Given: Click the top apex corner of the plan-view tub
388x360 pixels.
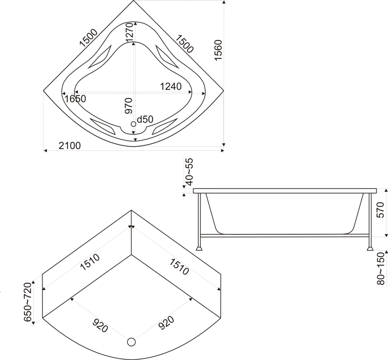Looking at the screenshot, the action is click(134, 0).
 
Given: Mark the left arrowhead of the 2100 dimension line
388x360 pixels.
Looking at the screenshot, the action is click(45, 150).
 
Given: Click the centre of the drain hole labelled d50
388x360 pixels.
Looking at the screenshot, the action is click(134, 124).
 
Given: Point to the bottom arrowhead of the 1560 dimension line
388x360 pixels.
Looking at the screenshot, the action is click(224, 145).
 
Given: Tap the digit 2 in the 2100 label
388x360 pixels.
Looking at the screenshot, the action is click(61, 146).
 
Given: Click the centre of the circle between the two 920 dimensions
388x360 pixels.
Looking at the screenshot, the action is click(131, 342).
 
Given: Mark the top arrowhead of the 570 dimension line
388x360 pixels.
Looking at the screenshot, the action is click(386, 190).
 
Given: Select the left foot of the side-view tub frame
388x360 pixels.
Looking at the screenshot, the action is click(199, 248).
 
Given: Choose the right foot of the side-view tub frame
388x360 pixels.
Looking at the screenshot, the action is click(370, 248).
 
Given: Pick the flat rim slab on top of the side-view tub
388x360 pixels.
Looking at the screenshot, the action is click(284, 191).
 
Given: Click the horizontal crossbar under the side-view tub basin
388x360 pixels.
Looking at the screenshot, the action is click(284, 235).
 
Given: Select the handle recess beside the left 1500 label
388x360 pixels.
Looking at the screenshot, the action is click(99, 57).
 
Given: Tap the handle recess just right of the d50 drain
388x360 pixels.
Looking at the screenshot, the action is click(164, 127).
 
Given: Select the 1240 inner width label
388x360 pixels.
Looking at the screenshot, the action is click(171, 86).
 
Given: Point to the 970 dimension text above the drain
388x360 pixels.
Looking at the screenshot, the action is click(128, 106).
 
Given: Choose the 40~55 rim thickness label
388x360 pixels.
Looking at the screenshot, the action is click(189, 172).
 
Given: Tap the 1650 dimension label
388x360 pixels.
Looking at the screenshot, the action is click(75, 99).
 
